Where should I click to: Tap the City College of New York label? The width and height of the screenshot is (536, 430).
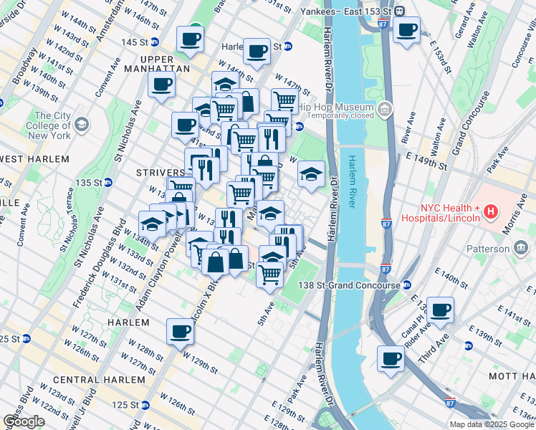(x=52, y=125)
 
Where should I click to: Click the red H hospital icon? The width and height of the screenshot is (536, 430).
(x=491, y=211)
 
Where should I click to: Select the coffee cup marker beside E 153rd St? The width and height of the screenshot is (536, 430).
(x=407, y=30)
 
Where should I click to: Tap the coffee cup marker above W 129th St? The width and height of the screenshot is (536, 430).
(x=179, y=331)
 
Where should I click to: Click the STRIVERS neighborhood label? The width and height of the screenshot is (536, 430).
(x=161, y=173)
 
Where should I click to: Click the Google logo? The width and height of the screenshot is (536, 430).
(x=24, y=421)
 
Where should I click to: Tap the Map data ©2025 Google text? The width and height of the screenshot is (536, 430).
(x=490, y=424)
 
